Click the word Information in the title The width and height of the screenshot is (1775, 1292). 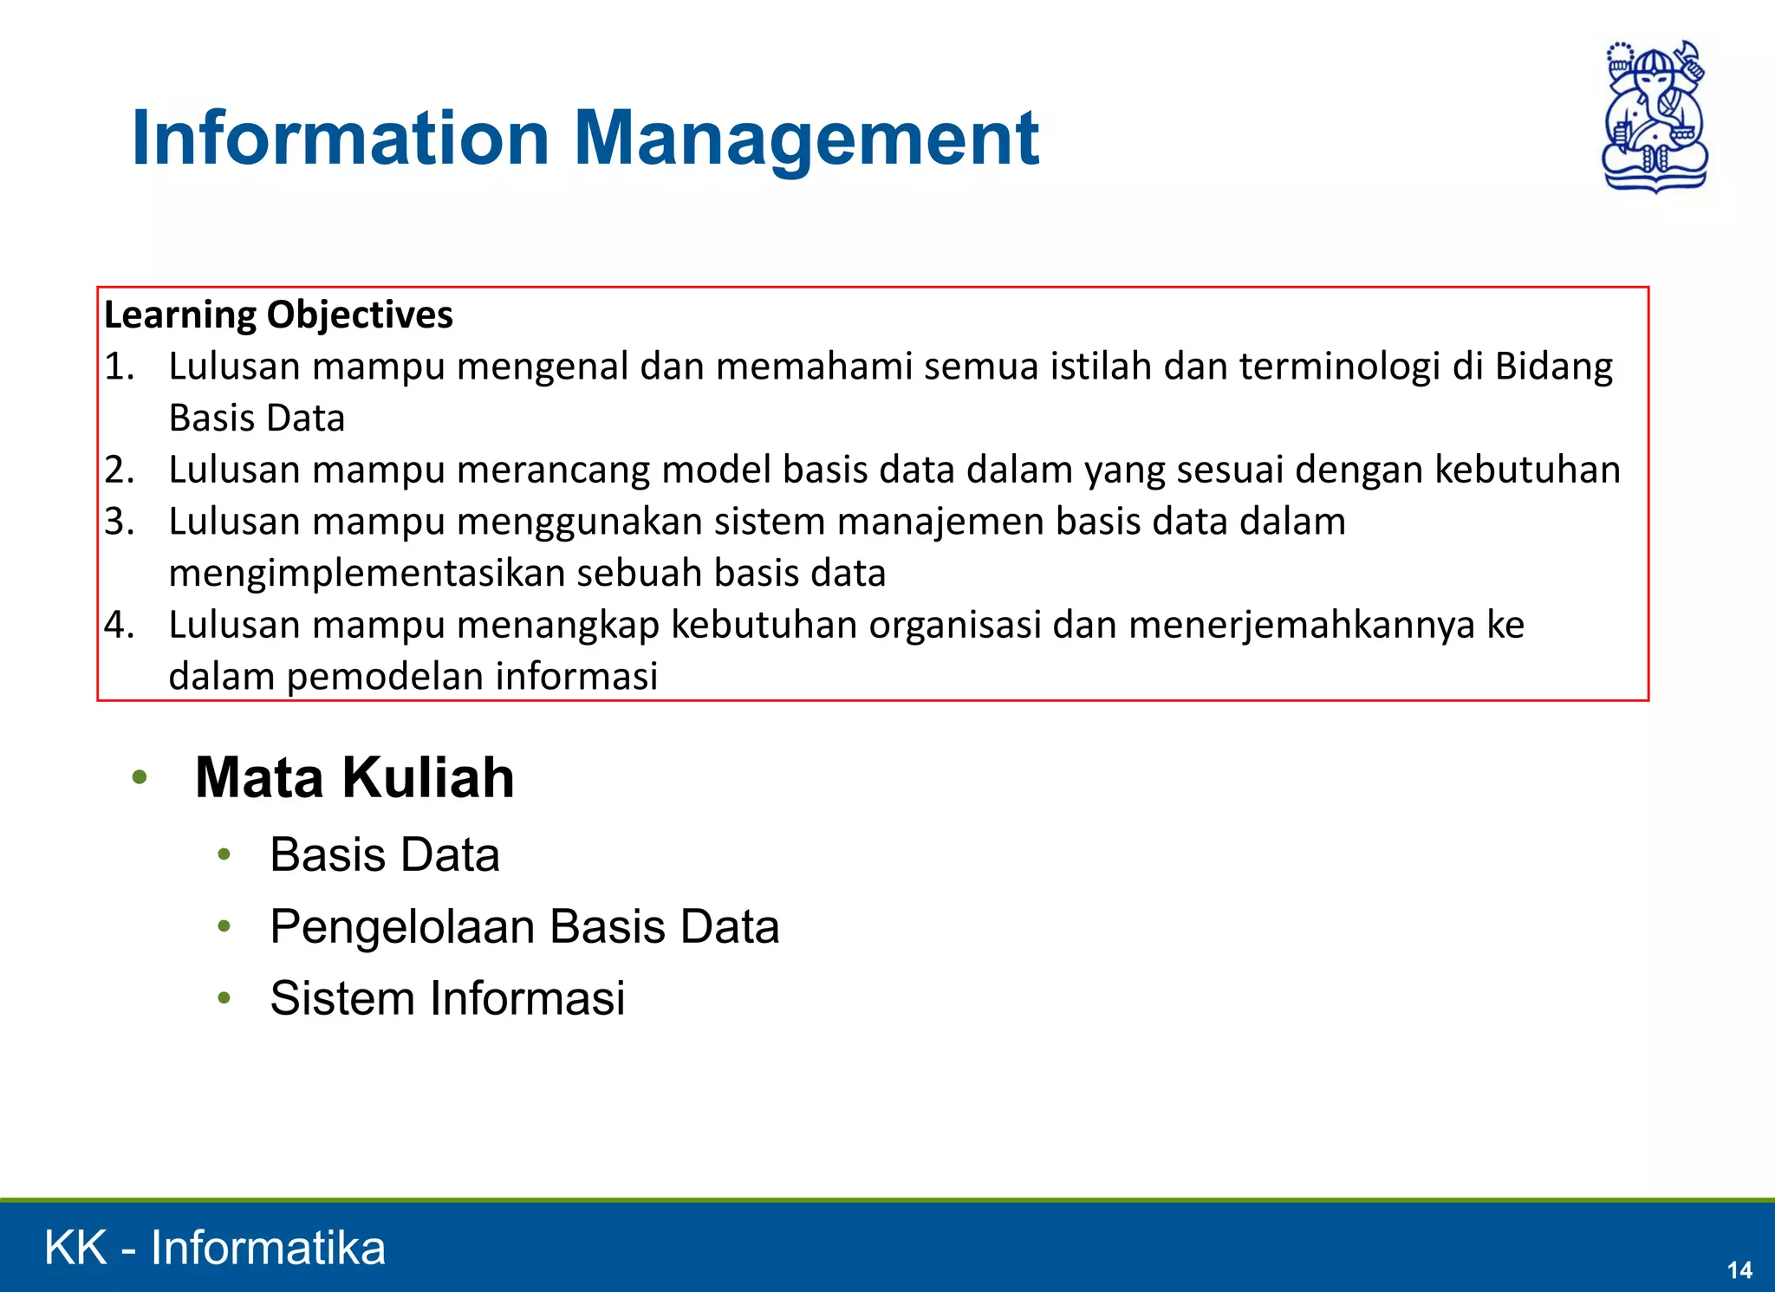(x=341, y=139)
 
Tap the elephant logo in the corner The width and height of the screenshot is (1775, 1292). (x=1655, y=116)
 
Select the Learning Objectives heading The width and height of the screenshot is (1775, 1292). (x=278, y=315)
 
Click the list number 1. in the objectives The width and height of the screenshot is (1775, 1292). (x=120, y=367)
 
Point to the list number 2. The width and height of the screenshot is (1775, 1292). (x=120, y=470)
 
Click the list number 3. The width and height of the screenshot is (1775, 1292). (x=120, y=522)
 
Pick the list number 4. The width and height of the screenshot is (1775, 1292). (x=120, y=625)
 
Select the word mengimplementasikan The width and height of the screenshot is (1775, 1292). (x=367, y=574)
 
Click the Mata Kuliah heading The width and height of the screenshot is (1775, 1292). (x=354, y=777)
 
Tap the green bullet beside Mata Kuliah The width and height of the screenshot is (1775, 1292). (x=140, y=777)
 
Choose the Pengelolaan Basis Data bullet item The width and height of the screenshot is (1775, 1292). (x=524, y=926)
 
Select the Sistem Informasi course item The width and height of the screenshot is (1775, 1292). (x=447, y=998)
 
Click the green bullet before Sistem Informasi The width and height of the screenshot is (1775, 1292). (x=224, y=998)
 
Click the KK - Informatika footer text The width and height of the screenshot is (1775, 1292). (x=215, y=1248)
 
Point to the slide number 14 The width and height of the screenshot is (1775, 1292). (x=1739, y=1270)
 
